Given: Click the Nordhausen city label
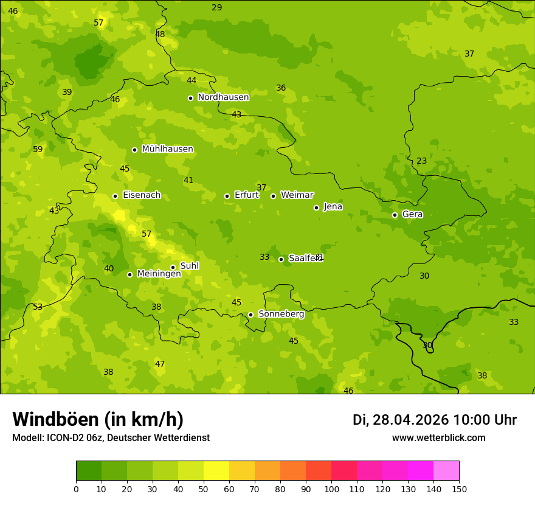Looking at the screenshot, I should click(x=223, y=97).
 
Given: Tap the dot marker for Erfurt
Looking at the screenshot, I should click(x=227, y=196).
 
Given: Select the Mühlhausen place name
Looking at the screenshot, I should click(x=167, y=149).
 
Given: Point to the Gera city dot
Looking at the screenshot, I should click(x=395, y=215).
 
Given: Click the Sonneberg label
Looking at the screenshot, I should click(x=281, y=314).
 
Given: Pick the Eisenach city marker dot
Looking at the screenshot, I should click(x=115, y=196).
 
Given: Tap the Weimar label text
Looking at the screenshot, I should click(x=297, y=195).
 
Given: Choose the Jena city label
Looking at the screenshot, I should click(x=333, y=207).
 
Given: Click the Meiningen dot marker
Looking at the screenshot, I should click(x=129, y=274).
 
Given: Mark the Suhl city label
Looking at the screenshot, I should click(x=189, y=266).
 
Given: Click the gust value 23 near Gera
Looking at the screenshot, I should click(x=421, y=161).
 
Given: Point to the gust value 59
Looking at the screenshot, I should click(x=38, y=150).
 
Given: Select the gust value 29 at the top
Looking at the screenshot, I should click(x=216, y=7).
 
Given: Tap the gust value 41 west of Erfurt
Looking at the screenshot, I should click(x=188, y=181).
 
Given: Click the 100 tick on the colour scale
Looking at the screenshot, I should click(x=331, y=489).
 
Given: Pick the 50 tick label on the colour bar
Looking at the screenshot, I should click(x=204, y=489).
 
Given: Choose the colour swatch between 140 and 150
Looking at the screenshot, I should click(x=446, y=471).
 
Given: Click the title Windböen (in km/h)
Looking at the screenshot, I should click(x=98, y=419).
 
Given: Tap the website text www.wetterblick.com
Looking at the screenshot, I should click(x=438, y=438).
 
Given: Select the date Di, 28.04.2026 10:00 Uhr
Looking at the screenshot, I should click(x=434, y=420).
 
